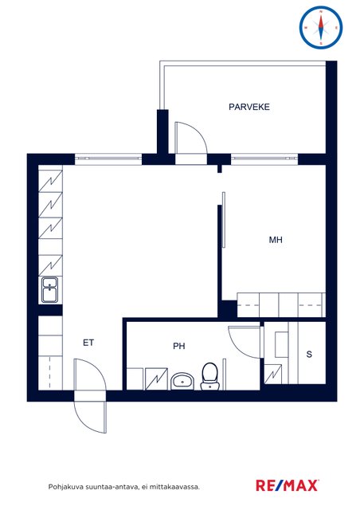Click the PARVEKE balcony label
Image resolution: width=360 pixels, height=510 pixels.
coord(249,107)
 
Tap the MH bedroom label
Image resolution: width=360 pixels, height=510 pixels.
coord(276,240)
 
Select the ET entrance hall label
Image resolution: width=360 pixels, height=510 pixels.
coord(88,343)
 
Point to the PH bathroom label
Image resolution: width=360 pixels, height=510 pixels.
coord(179,346)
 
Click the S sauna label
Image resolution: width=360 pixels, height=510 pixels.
coord(309,354)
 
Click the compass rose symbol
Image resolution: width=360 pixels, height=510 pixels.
coord(321,27)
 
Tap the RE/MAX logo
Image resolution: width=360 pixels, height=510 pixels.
coord(288,485)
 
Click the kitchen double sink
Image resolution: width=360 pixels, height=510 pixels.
coord(49,289)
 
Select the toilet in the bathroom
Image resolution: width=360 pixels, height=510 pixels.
coord(209,376)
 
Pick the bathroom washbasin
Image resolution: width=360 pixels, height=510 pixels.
coord(182,381)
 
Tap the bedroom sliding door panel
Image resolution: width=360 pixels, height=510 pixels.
coord(224,220)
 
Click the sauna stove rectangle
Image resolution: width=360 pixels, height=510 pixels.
coord(282,344)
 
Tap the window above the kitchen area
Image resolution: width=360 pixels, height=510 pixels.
coord(108,159)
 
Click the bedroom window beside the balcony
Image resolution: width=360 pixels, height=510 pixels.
coord(264,159)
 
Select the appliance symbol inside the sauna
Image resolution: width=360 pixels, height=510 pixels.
coord(273,374)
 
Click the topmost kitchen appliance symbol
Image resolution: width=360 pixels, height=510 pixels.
coord(50,179)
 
